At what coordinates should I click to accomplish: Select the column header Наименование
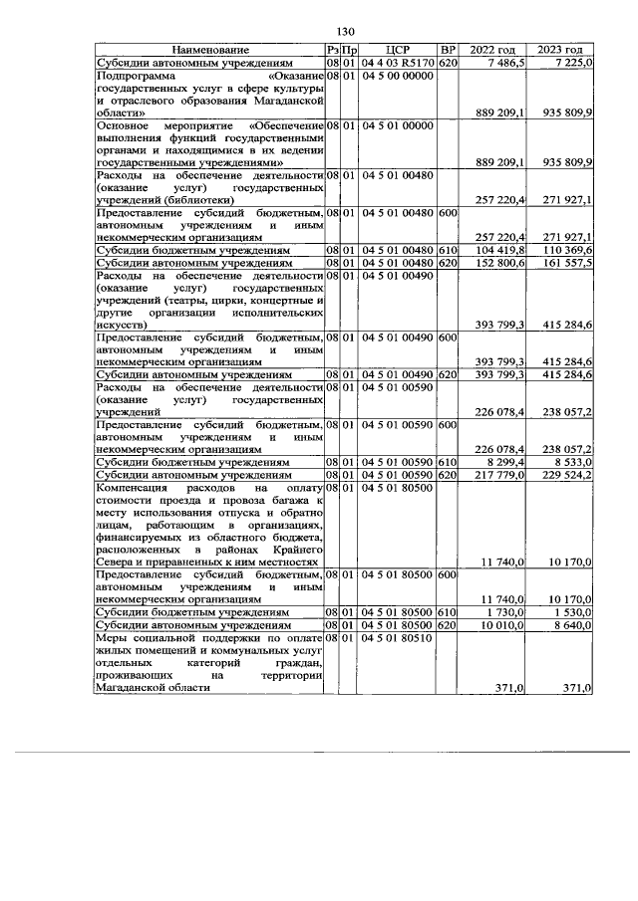pos(209,49)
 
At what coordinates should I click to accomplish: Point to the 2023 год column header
pos(560,49)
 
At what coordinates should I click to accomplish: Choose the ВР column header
pos(448,49)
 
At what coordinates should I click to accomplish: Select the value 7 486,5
pos(505,62)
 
